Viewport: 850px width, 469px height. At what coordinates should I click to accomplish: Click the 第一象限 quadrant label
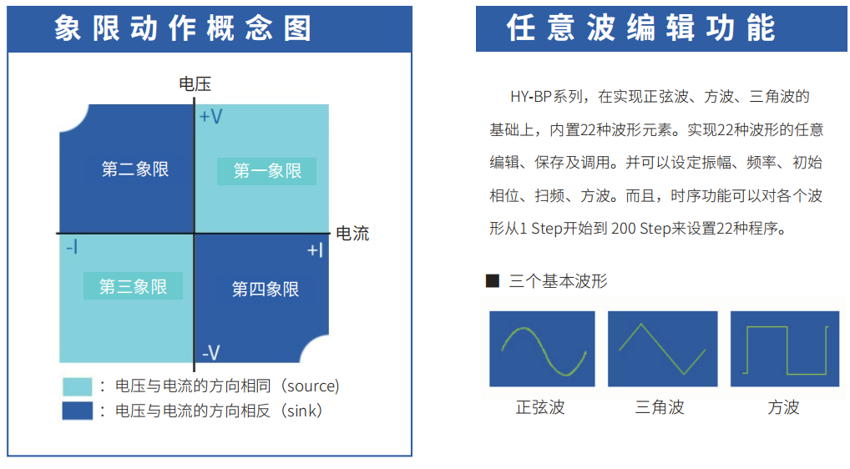click(x=267, y=171)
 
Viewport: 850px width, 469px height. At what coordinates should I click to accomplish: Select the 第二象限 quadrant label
click(x=135, y=169)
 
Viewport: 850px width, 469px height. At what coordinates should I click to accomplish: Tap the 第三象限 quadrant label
click(x=133, y=286)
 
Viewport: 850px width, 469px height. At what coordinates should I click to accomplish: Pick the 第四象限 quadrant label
click(x=266, y=290)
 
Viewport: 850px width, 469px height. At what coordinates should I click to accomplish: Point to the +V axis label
click(x=211, y=117)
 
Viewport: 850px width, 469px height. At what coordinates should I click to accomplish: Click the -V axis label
click(x=211, y=353)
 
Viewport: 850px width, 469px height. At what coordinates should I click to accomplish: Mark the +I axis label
click(x=315, y=250)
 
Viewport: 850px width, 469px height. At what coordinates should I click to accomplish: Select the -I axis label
click(x=72, y=248)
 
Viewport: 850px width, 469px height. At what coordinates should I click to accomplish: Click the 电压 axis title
click(x=195, y=84)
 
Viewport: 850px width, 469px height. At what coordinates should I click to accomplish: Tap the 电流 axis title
click(x=352, y=234)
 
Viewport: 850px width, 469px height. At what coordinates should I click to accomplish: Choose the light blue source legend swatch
click(x=77, y=386)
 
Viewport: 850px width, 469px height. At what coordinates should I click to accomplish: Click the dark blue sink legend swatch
click(x=77, y=411)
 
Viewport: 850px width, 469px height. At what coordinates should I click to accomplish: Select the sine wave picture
click(x=542, y=349)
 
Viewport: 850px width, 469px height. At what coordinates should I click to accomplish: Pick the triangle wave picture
click(x=662, y=349)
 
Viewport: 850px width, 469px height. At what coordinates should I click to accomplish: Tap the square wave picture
click(x=784, y=349)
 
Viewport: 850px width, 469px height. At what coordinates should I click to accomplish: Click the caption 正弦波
click(x=540, y=406)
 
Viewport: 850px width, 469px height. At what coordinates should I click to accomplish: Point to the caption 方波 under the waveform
click(x=783, y=406)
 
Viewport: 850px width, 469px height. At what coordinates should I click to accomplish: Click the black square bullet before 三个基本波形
click(x=493, y=280)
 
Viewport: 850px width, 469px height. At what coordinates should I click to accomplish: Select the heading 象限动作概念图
click(x=183, y=28)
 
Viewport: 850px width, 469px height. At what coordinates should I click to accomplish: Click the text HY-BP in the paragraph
click(x=531, y=97)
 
